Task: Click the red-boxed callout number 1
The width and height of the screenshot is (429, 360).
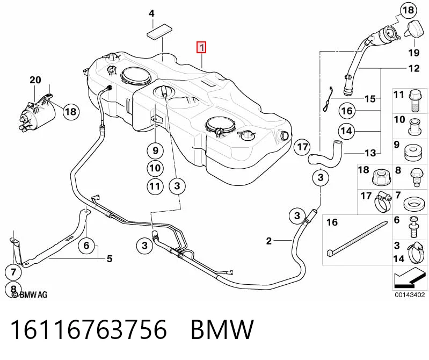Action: coord(202,48)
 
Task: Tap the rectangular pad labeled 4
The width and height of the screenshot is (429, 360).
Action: coord(160,32)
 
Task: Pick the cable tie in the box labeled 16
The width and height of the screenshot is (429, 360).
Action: coord(357,238)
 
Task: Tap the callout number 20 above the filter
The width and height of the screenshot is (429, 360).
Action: coord(35,80)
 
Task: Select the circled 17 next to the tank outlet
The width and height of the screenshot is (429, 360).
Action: coord(302,147)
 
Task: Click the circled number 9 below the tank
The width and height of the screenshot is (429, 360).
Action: coord(155,150)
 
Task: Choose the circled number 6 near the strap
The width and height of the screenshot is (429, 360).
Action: coord(86,245)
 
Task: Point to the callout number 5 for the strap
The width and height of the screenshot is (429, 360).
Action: coord(110,258)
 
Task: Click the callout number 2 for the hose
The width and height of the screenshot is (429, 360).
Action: coord(269,241)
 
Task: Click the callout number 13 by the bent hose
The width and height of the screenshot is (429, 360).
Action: coord(370,153)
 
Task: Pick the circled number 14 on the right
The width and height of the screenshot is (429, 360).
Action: coord(346,131)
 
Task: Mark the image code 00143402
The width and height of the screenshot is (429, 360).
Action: coord(409,295)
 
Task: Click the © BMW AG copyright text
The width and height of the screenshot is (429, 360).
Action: coord(30,294)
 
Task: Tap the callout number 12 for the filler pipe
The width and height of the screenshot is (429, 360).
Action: coord(414,68)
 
